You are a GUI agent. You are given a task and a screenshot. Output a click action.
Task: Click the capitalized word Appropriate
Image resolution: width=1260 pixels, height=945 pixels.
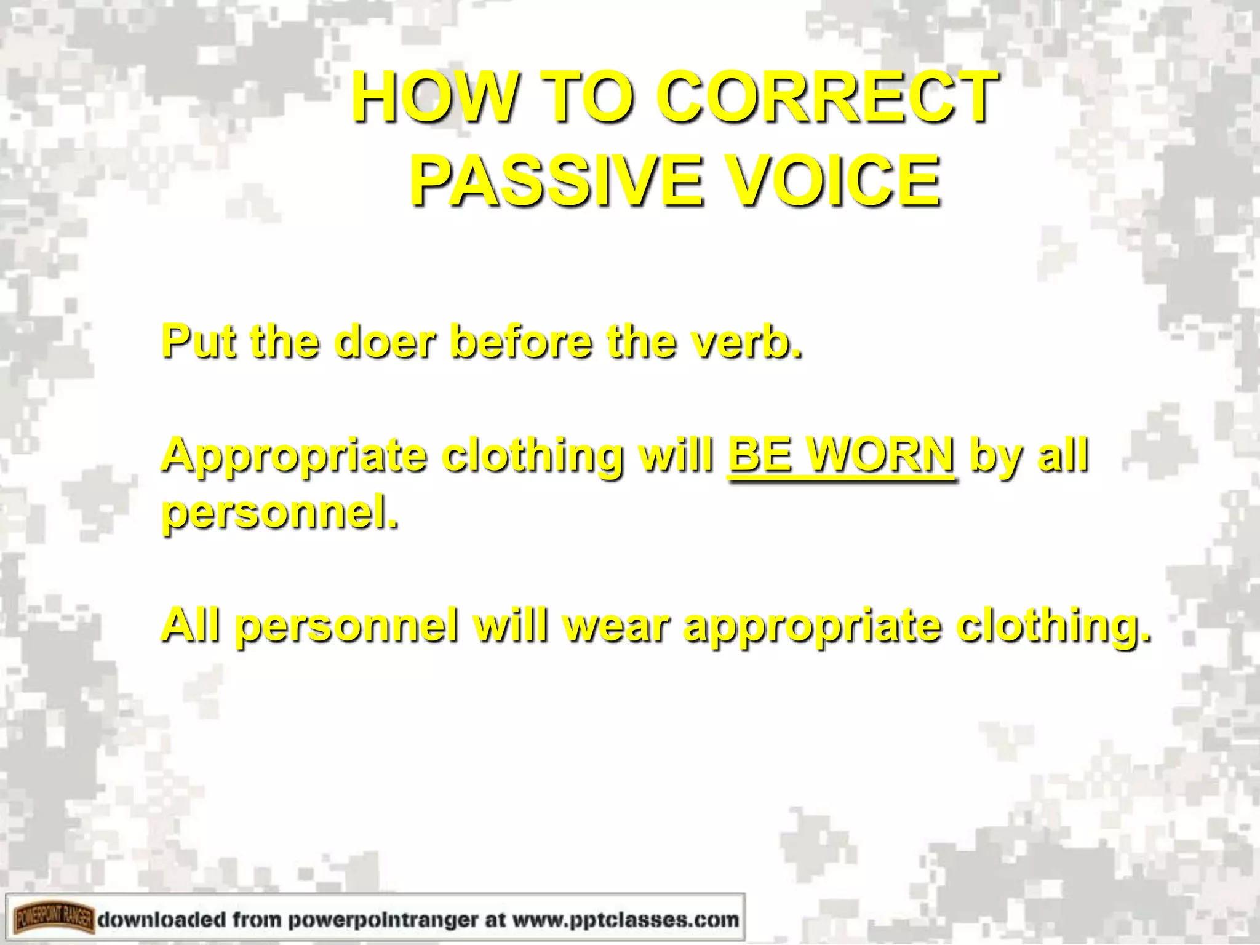[x=294, y=457]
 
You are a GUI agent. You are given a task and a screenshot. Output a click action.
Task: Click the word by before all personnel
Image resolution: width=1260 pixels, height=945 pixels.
[x=997, y=457]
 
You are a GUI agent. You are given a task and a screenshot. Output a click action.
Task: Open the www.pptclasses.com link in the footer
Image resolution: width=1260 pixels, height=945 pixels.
[x=625, y=920]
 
